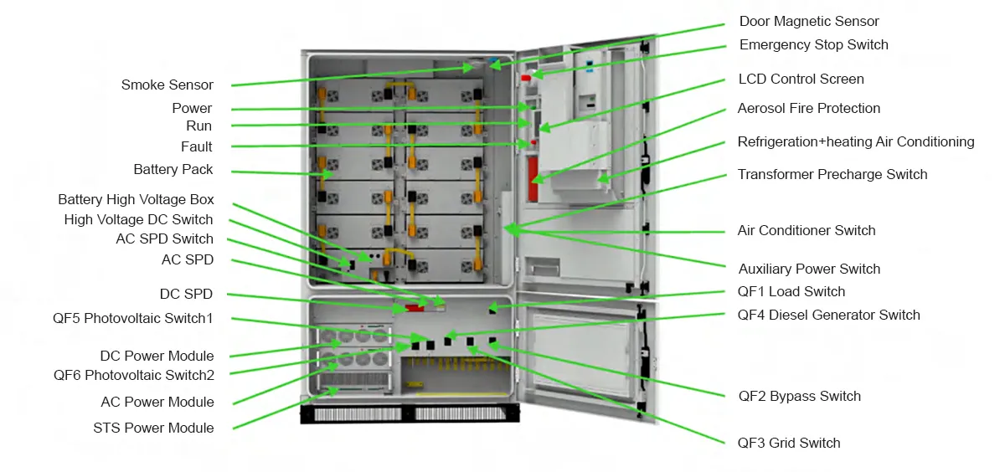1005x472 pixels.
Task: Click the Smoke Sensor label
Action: pos(167,85)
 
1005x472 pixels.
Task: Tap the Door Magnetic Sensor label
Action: pos(809,21)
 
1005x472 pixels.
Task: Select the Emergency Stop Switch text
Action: pos(813,45)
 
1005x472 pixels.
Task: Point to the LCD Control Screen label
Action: pos(801,79)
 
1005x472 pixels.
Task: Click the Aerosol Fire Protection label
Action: pos(808,108)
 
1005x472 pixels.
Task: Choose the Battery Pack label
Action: pos(173,169)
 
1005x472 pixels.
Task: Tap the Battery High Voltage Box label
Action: pos(136,199)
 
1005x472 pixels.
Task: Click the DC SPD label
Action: pos(186,294)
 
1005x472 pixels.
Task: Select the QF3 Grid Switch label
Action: pos(789,443)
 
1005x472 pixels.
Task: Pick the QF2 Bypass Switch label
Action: pos(800,396)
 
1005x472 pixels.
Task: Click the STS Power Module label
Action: pos(153,428)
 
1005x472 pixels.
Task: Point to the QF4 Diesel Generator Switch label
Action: pos(828,316)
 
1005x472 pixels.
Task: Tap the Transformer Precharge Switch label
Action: pos(832,174)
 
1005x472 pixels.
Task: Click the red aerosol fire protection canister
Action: pos(533,179)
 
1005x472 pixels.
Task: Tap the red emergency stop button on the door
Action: pos(526,78)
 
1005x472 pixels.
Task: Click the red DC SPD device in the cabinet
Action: pos(415,308)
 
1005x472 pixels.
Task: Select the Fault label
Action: pos(197,146)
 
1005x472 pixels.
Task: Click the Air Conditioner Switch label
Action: pos(807,230)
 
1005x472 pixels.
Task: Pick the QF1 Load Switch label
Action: pos(791,292)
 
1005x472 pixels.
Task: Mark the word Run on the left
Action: pos(198,126)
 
